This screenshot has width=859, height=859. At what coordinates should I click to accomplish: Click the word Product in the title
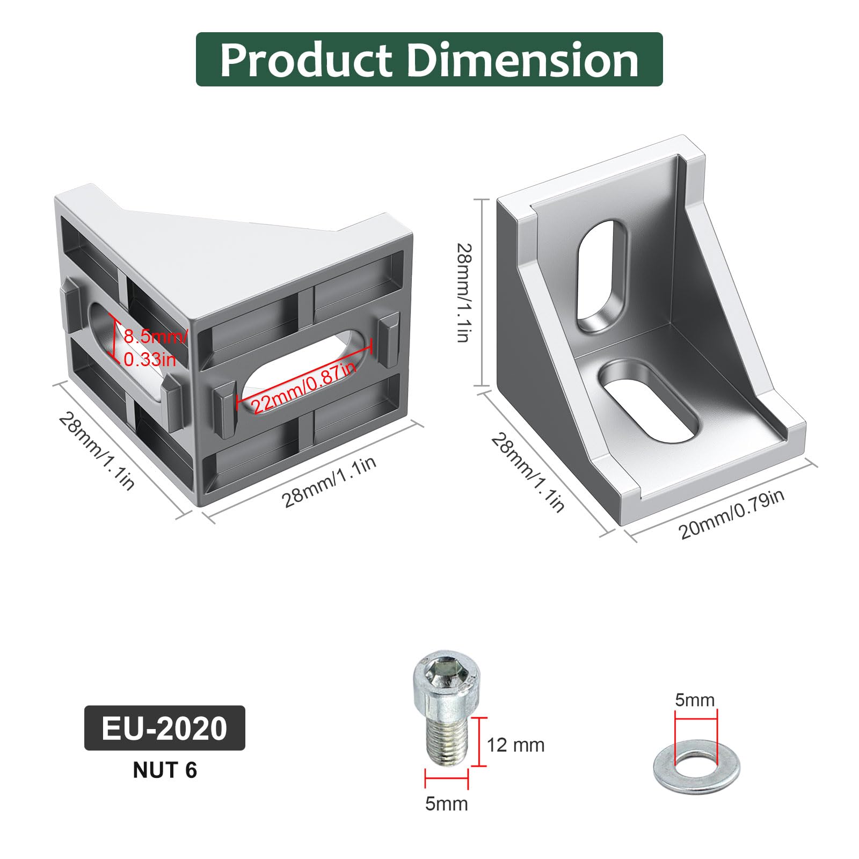pos(307,60)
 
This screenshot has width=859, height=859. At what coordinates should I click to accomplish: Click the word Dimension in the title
pos(522,60)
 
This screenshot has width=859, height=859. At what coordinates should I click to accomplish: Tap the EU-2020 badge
pos(165,728)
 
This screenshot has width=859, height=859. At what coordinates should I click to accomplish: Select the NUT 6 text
pos(165,770)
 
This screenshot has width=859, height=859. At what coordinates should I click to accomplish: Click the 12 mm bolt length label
pos(515,745)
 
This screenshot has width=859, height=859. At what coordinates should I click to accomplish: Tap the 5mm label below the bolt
pos(447,804)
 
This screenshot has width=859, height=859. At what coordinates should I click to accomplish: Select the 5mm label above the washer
pos(695,700)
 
